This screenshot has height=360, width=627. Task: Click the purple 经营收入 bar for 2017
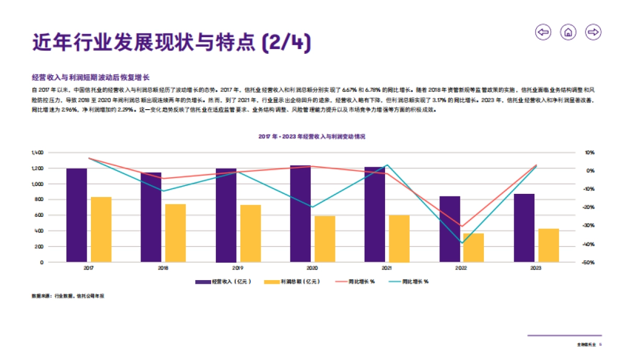point(76,215)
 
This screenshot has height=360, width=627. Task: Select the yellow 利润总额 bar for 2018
point(176,233)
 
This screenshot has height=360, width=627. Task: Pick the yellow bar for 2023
point(549,245)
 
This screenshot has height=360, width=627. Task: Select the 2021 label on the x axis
point(387,269)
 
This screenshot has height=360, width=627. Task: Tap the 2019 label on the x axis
point(238,269)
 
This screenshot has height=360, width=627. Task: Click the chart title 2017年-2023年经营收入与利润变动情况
point(311,136)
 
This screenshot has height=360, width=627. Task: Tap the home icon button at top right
point(568,32)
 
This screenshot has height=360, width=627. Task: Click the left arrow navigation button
point(543,32)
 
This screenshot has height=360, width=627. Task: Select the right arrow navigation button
point(593,32)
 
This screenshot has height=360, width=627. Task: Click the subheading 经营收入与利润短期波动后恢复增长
point(90,77)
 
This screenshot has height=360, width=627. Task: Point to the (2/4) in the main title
point(286,42)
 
